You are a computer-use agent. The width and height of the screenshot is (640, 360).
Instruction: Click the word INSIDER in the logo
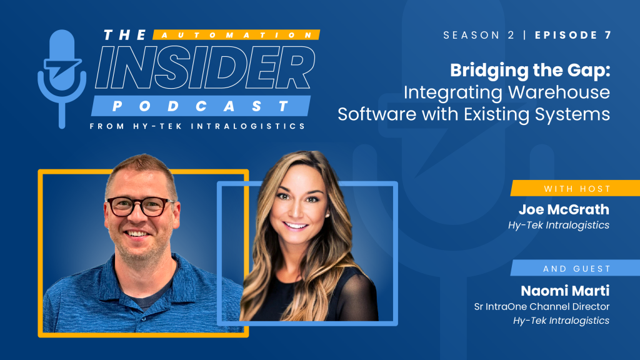tap(205, 67)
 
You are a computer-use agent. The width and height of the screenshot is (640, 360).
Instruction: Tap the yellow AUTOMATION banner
tap(236, 35)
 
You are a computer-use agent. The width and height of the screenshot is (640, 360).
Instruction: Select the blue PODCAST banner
tap(201, 106)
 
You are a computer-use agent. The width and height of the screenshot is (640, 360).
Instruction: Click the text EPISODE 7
tap(573, 35)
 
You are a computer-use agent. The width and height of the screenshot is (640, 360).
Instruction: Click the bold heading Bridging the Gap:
tap(530, 71)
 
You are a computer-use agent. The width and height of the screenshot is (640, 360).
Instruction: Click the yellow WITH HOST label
tap(576, 188)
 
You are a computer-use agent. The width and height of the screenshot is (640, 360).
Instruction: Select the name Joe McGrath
tap(564, 209)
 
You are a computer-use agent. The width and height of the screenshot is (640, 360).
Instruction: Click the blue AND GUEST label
tap(576, 268)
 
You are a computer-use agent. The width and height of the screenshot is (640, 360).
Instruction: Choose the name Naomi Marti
tap(565, 291)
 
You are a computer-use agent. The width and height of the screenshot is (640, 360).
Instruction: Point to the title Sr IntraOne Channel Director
tap(542, 306)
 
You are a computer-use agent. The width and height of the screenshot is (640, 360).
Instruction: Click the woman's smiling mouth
tap(296, 225)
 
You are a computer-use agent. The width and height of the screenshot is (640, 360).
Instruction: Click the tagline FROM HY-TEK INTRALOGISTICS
tap(197, 126)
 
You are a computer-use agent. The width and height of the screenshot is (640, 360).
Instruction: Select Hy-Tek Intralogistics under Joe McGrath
tap(558, 225)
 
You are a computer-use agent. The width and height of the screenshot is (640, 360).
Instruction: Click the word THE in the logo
tap(125, 35)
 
